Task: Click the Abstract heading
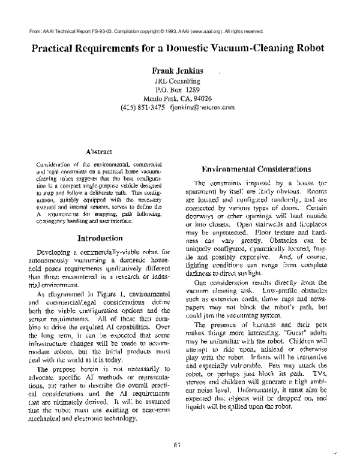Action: point(100,152)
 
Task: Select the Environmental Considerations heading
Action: point(254,168)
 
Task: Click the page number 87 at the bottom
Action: point(178,444)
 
